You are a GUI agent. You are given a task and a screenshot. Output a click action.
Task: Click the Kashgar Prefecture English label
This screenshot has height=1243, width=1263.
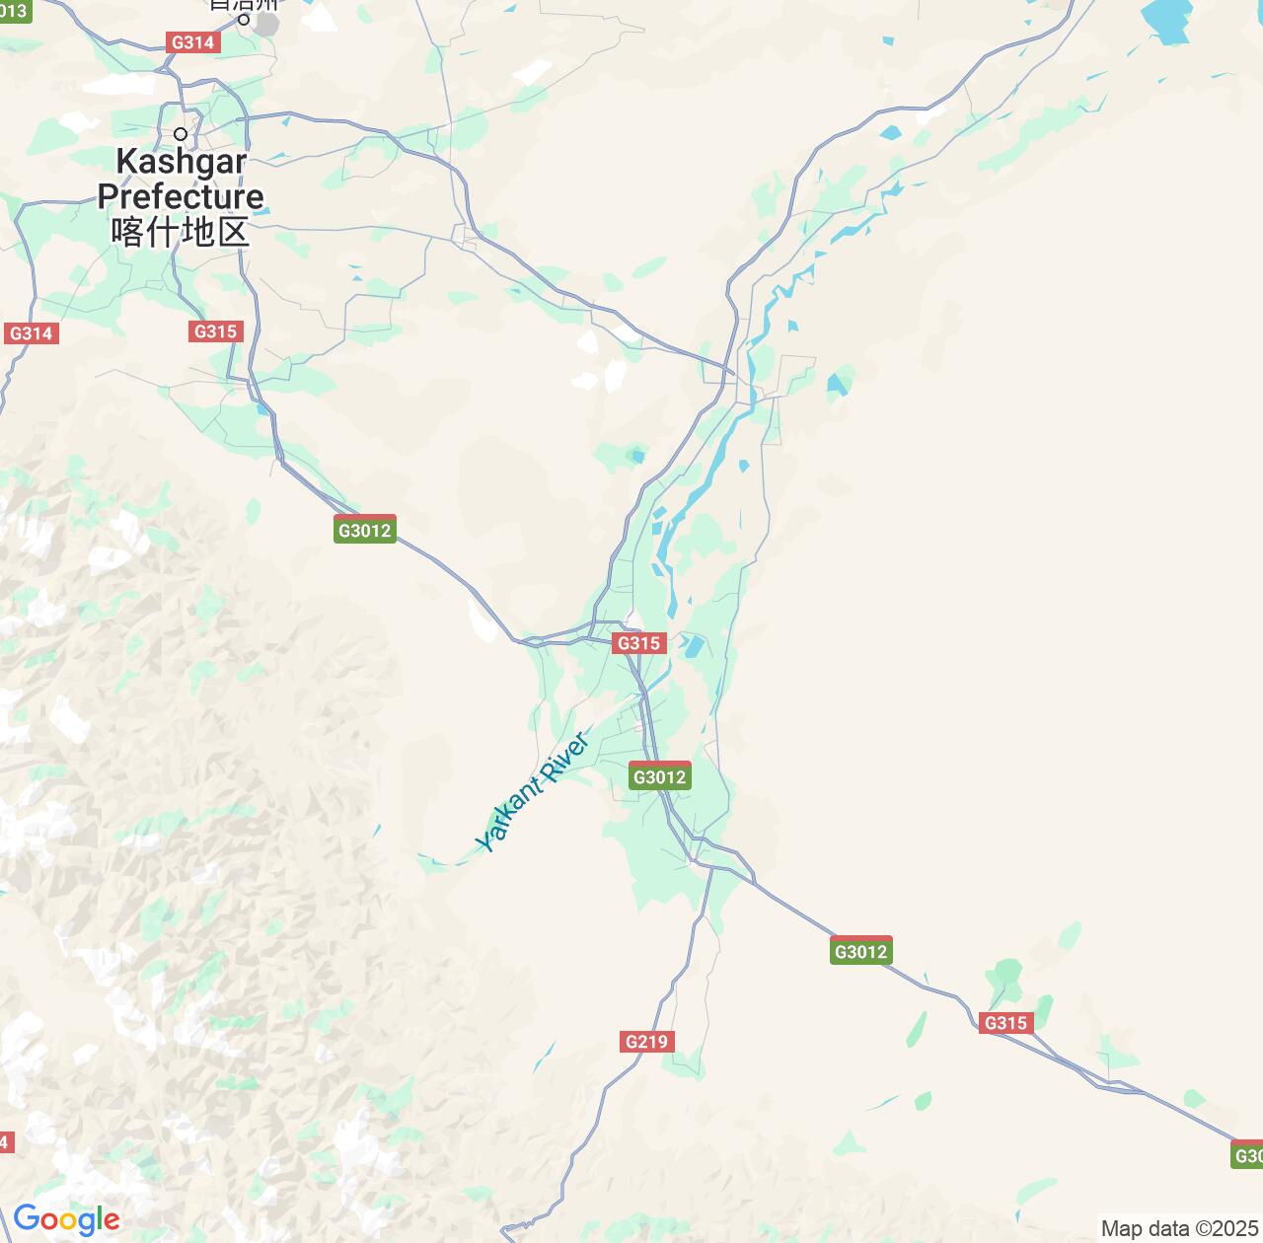[181, 179]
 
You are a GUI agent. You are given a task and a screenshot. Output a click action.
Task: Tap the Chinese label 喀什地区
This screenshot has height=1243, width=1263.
[181, 232]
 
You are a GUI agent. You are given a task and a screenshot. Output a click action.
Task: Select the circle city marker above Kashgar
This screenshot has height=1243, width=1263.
[181, 134]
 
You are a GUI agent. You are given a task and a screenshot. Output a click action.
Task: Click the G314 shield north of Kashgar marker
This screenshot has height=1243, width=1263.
[192, 42]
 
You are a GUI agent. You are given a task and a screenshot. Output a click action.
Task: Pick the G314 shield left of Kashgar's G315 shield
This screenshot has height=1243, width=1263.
[31, 333]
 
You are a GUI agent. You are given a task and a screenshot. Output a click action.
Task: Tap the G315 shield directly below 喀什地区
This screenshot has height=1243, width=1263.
[215, 331]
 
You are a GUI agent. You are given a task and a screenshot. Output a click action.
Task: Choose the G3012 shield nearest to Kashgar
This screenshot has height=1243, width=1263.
[365, 530]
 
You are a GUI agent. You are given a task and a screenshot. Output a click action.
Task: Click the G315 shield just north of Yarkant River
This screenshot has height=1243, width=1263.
[638, 643]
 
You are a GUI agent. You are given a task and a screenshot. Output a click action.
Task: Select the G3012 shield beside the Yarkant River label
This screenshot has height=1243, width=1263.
[659, 776]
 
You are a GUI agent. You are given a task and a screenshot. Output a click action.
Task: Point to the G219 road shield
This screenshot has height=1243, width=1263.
[646, 1042]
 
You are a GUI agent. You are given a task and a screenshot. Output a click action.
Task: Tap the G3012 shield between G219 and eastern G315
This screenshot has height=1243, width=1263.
[861, 951]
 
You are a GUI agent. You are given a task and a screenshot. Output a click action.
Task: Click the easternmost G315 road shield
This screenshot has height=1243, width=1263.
[1005, 1023]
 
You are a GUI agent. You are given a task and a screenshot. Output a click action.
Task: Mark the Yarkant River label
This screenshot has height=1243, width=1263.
[533, 791]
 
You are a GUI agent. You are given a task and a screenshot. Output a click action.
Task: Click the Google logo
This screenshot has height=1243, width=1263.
[66, 1220]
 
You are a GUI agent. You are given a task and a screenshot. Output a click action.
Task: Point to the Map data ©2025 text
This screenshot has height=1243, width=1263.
[1179, 1229]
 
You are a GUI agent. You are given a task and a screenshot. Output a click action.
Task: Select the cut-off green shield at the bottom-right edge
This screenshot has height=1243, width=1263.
[1248, 1154]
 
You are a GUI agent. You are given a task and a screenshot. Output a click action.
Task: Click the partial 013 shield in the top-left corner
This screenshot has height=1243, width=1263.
[15, 11]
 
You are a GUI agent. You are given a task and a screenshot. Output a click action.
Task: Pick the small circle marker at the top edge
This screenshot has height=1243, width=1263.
[243, 18]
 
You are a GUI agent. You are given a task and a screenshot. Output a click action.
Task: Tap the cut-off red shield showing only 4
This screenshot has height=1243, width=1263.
[6, 1142]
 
